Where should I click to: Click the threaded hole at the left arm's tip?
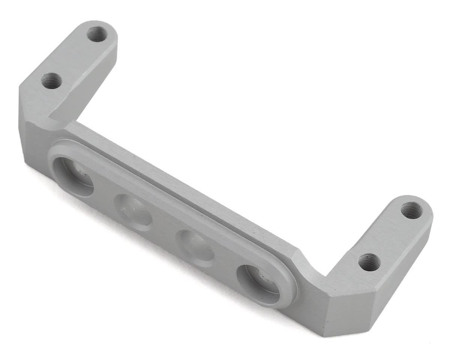(x=97, y=34)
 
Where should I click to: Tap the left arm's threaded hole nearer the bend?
(x=52, y=81)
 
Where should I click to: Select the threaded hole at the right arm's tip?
(x=411, y=210)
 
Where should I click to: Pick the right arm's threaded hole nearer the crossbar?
(x=369, y=262)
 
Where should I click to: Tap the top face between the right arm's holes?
(x=390, y=236)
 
